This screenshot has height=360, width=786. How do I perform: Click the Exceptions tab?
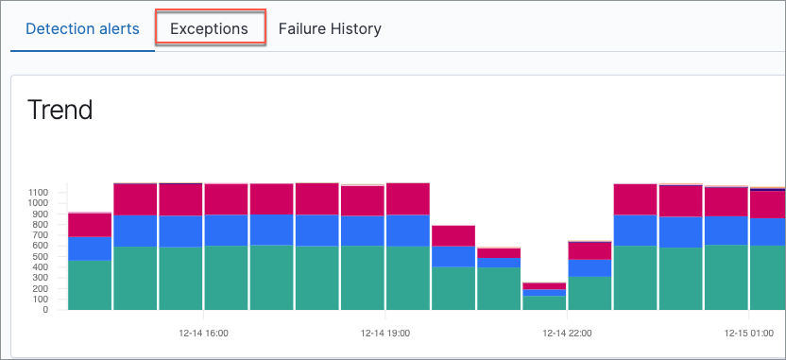(x=209, y=28)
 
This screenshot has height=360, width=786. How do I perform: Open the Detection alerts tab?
(x=82, y=28)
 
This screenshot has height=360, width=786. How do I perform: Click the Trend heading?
(x=60, y=110)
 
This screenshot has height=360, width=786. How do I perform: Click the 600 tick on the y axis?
(x=41, y=246)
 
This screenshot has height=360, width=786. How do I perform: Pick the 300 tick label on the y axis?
(x=41, y=278)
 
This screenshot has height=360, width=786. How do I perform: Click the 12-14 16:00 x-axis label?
(x=203, y=333)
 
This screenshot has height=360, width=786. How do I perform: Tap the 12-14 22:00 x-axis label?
(x=567, y=333)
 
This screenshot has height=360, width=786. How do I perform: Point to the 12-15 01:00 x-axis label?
(x=748, y=333)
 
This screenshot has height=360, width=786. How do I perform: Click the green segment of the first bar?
(x=90, y=285)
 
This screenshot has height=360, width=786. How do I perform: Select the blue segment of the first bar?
(x=90, y=248)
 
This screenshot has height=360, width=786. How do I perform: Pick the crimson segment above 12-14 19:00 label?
(x=363, y=201)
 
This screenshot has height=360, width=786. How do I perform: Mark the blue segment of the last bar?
(x=767, y=231)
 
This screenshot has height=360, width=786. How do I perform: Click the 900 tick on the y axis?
(x=41, y=214)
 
